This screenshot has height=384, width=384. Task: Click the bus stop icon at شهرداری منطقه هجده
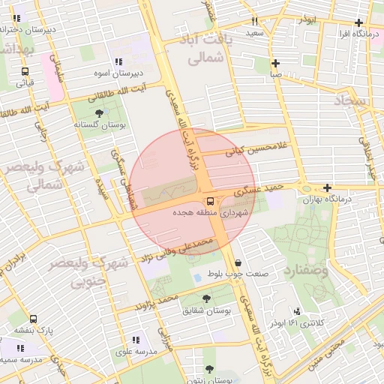(209, 201)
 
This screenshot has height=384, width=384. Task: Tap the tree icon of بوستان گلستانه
(100, 112)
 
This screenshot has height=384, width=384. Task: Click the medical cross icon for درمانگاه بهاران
(327, 187)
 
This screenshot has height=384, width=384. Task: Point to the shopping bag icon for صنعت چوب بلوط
(238, 262)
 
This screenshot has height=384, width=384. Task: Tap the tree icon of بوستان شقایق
(206, 298)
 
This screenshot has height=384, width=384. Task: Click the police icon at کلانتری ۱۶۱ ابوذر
(298, 311)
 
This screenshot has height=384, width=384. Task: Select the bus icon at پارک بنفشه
(33, 318)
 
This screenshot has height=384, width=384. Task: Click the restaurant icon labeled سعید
(255, 22)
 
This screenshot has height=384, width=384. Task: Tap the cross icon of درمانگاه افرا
(359, 22)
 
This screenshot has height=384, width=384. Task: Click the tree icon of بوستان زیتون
(208, 369)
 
